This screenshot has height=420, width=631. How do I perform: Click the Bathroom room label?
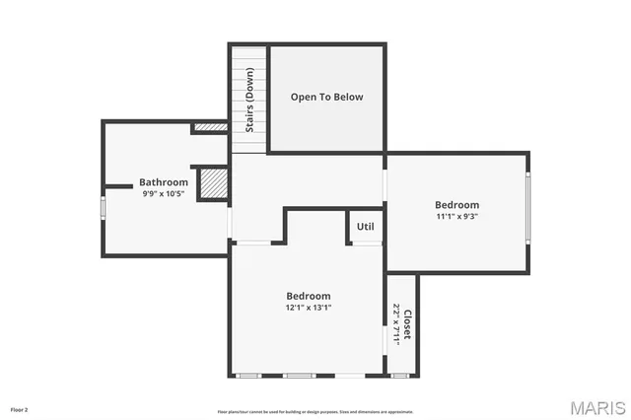pyautogui.click(x=163, y=182)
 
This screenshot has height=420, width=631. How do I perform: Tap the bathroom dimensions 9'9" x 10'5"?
pyautogui.click(x=163, y=194)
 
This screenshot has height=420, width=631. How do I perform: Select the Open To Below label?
pyautogui.click(x=326, y=97)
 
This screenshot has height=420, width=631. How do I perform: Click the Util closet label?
pyautogui.click(x=365, y=227)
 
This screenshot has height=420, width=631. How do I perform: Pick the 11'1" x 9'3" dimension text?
pyautogui.click(x=457, y=216)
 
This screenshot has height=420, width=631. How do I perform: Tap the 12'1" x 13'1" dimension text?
pyautogui.click(x=308, y=308)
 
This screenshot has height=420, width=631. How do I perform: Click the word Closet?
pyautogui.click(x=407, y=325)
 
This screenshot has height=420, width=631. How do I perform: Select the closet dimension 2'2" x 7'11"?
pyautogui.click(x=395, y=323)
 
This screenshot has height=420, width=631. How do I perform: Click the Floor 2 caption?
pyautogui.click(x=20, y=408)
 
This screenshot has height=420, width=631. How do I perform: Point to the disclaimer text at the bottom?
pyautogui.click(x=315, y=412)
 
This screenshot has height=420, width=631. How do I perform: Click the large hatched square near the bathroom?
pyautogui.click(x=213, y=183)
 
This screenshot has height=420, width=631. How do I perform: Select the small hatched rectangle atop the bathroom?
pyautogui.click(x=210, y=127)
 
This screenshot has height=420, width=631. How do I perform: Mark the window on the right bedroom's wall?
pyautogui.click(x=528, y=207)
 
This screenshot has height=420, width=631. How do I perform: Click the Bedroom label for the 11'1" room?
pyautogui.click(x=457, y=204)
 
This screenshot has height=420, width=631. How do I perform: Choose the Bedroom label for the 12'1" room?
pyautogui.click(x=308, y=296)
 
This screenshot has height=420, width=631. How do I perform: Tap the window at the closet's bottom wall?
pyautogui.click(x=401, y=375)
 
